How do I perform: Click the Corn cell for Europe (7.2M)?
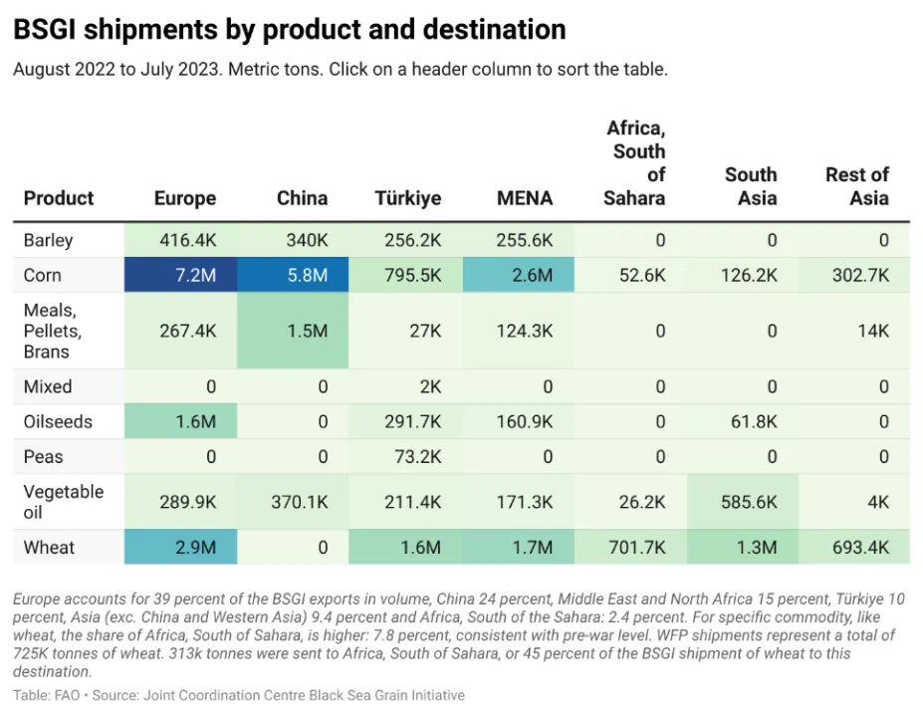(180, 276)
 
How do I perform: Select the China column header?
(302, 198)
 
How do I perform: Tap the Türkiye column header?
(407, 198)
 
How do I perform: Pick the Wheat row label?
(49, 548)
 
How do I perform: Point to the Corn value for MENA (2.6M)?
(525, 276)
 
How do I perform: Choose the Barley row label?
(49, 240)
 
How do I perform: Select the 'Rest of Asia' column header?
(857, 186)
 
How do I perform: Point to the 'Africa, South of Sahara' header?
(635, 163)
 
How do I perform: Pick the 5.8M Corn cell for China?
(302, 276)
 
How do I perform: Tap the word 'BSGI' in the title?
(46, 30)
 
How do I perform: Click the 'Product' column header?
(59, 198)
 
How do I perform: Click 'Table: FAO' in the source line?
(49, 695)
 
